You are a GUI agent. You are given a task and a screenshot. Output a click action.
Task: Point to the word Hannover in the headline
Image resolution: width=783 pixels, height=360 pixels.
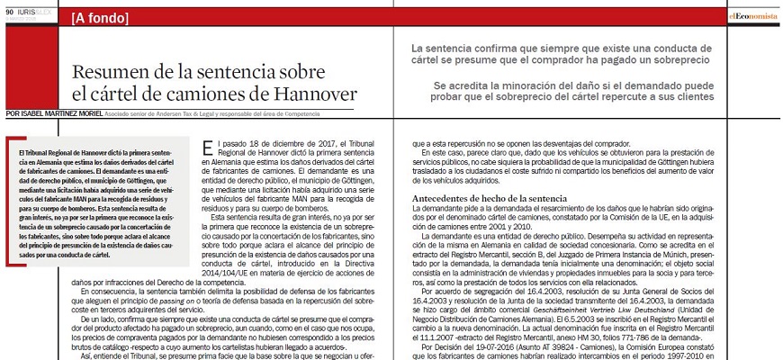pyautogui.click(x=307, y=94)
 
